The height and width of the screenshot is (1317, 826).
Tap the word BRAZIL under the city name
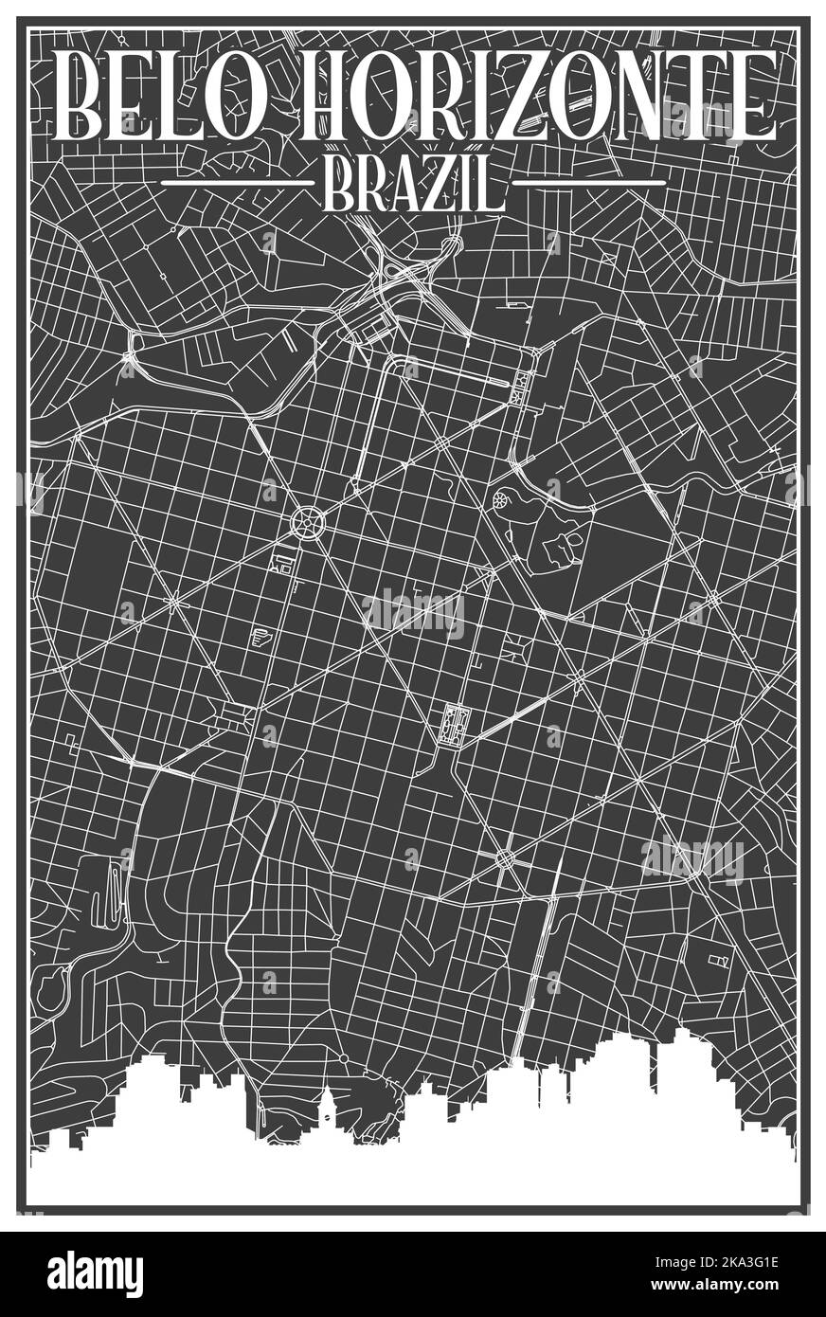[x=412, y=183]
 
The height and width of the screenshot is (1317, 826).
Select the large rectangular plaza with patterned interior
[x=449, y=726]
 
